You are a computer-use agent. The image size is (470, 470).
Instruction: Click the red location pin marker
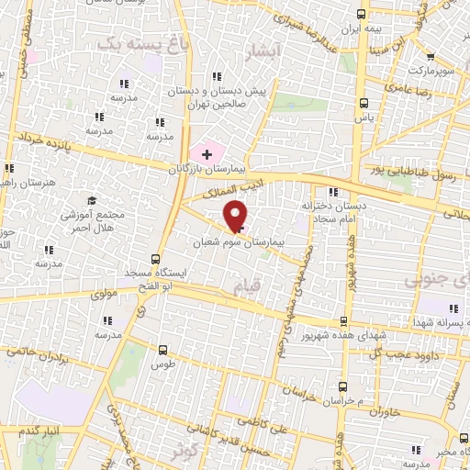236,216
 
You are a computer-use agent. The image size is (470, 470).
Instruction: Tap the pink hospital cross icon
207,153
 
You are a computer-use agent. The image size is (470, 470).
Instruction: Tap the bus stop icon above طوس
163,349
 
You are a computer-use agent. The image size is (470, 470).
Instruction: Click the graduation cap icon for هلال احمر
92,201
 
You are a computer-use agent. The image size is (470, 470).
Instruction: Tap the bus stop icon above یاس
364,103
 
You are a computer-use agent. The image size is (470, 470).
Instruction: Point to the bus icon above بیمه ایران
362,14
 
